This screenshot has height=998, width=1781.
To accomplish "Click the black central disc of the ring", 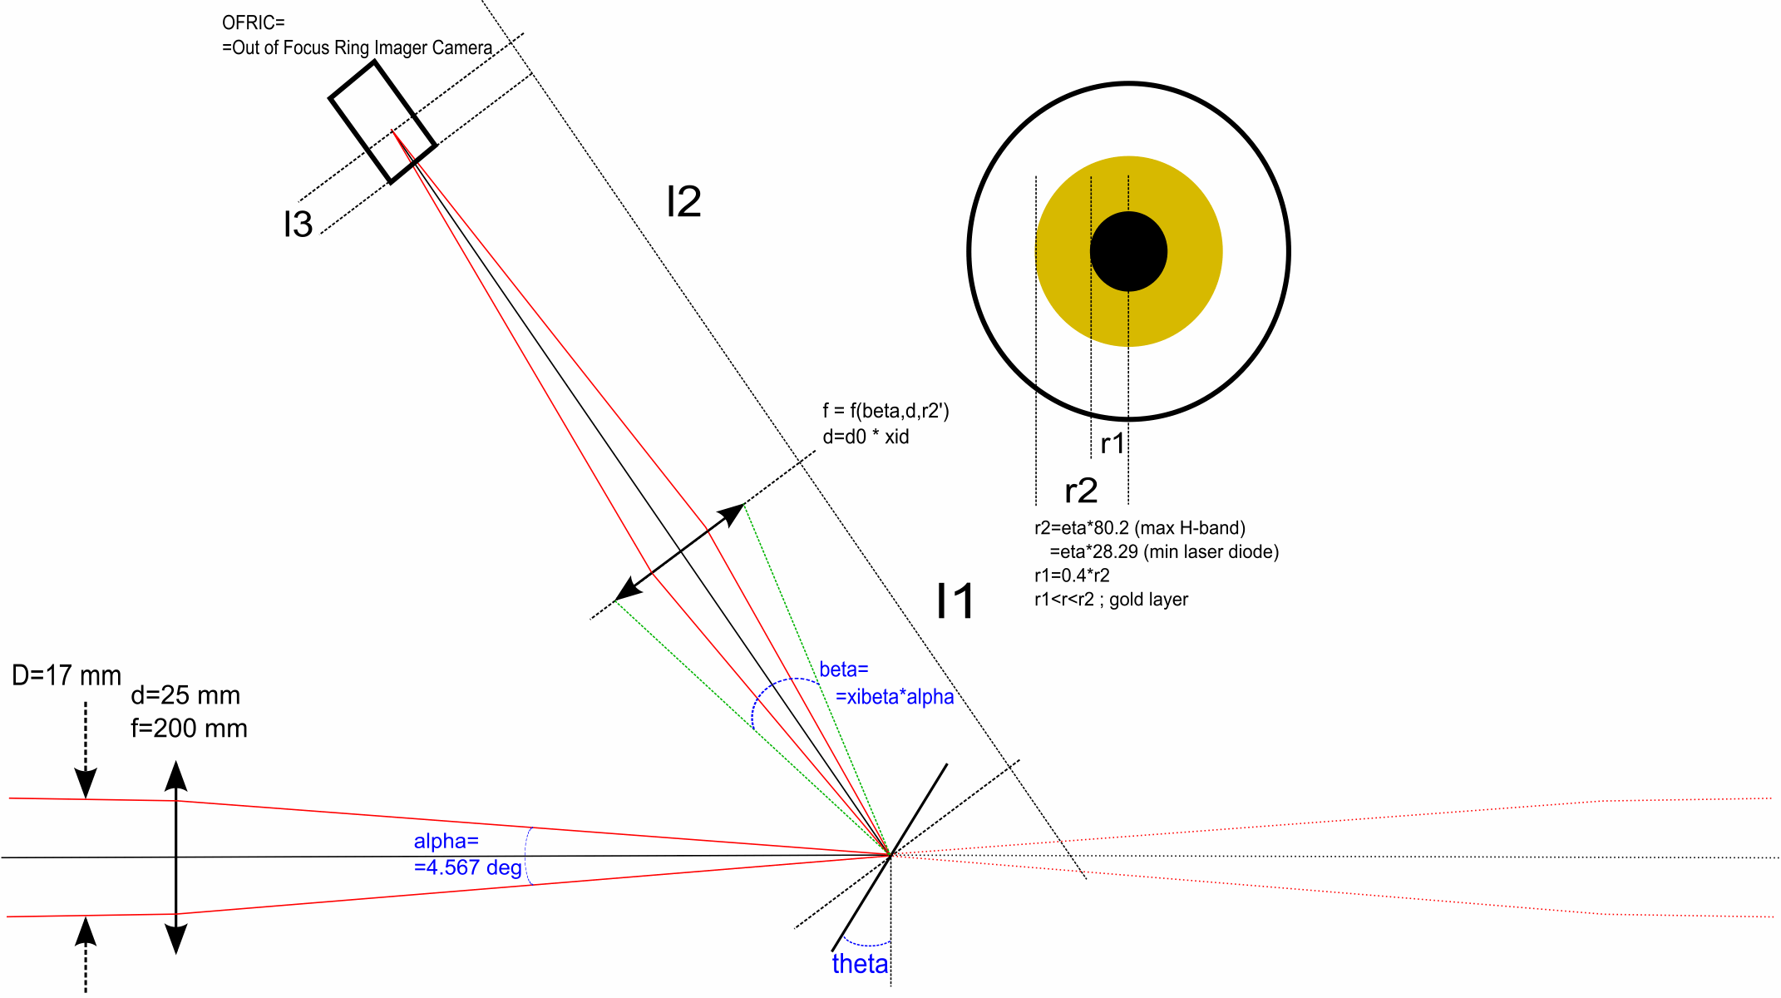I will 1128,251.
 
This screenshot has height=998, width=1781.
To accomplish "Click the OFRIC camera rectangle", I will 382,121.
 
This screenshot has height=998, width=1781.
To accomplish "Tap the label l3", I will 298,225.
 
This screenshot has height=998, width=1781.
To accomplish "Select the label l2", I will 683,202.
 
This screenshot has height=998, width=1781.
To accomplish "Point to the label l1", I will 955,601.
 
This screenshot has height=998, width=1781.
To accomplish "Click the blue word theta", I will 860,964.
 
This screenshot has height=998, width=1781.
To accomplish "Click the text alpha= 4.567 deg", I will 467,855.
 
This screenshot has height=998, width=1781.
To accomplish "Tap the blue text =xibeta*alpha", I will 895,697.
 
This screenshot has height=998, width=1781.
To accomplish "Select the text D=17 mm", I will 67,675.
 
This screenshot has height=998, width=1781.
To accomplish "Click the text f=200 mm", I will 189,729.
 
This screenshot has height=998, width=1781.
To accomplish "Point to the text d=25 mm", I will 185,695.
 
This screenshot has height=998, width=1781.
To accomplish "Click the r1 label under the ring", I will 1112,444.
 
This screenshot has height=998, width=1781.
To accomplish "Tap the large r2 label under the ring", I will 1081,491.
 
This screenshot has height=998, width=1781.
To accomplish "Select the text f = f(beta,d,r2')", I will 886,411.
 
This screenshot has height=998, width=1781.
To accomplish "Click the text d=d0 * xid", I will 866,437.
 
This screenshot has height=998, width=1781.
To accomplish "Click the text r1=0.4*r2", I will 1072,576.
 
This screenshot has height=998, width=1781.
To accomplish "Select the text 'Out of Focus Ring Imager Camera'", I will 362,48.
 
